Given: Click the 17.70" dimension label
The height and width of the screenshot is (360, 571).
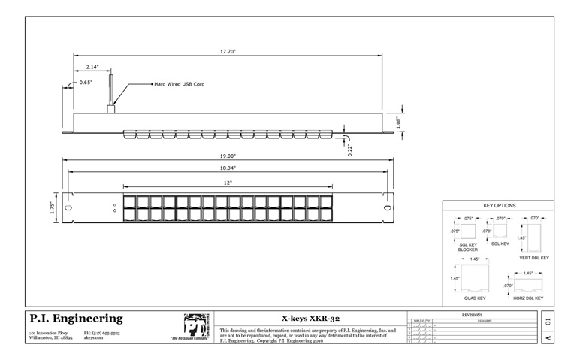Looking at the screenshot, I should (x=228, y=51).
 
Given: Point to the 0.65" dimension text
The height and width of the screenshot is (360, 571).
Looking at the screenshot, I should (x=86, y=82).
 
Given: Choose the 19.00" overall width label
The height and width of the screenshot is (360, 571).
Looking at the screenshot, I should (x=227, y=156).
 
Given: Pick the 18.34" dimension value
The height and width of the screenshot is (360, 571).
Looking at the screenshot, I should (x=228, y=168).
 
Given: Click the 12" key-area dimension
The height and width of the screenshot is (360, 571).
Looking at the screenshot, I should (x=227, y=183).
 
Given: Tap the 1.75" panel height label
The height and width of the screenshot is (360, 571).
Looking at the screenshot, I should (x=53, y=207).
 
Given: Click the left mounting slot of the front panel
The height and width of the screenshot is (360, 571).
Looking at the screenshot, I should (x=68, y=207).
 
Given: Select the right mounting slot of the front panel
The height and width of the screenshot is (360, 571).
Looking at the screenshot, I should (x=387, y=207).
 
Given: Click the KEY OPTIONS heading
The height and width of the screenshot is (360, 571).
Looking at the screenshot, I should (x=498, y=204).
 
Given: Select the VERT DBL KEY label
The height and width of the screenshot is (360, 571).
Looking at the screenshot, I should (x=536, y=258).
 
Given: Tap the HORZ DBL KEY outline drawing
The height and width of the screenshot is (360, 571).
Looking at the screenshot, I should (x=528, y=284).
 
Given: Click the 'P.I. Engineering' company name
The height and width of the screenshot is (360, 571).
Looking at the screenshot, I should (x=75, y=319).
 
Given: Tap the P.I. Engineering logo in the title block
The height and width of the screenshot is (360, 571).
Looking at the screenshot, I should (x=196, y=325).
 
